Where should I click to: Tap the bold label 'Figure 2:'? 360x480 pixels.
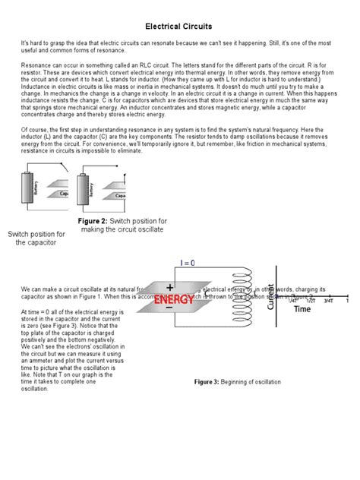tap(93, 221)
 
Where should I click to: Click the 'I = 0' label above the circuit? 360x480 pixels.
tap(187, 263)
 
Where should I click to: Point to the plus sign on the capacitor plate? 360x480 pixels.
tap(169, 287)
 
